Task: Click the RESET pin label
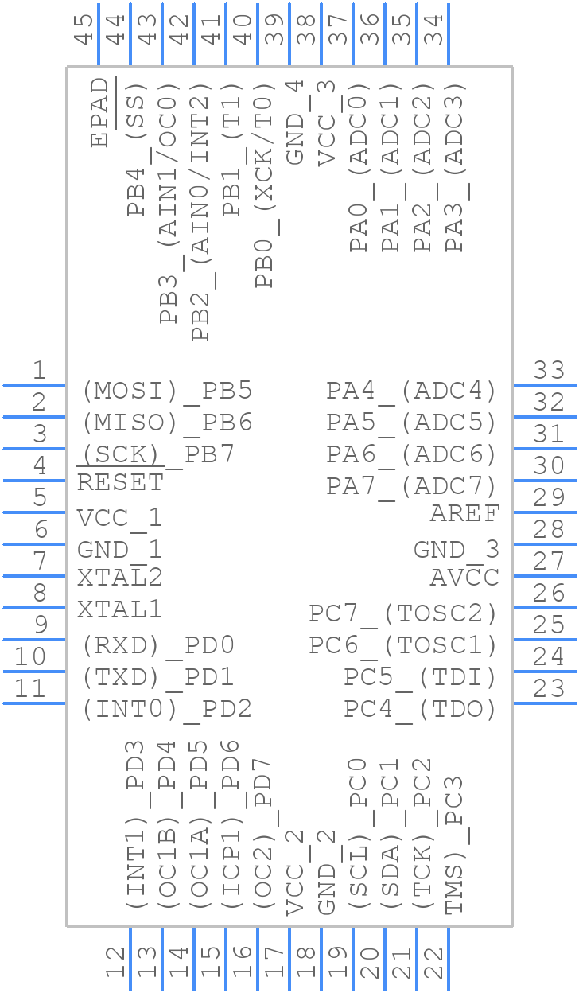pyautogui.click(x=120, y=482)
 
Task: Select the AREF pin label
pyautogui.click(x=464, y=514)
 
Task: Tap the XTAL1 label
pyautogui.click(x=119, y=610)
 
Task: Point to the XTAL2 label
pyautogui.click(x=119, y=577)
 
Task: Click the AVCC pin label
pyautogui.click(x=464, y=578)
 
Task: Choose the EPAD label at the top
pyautogui.click(x=99, y=112)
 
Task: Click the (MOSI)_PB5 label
pyautogui.click(x=167, y=391)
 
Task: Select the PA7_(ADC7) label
pyautogui.click(x=411, y=485)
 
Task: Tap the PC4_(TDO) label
pyautogui.click(x=420, y=708)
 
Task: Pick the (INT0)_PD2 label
pyautogui.click(x=167, y=708)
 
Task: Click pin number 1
pyautogui.click(x=39, y=370)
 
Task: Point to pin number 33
pyautogui.click(x=549, y=370)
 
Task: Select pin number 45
pyautogui.click(x=84, y=28)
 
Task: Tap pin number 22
pyautogui.click(x=433, y=964)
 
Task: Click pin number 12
pyautogui.click(x=115, y=964)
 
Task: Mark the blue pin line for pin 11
pyautogui.click(x=34, y=703)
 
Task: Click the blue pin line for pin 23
pyautogui.click(x=545, y=703)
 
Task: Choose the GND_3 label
pyautogui.click(x=456, y=549)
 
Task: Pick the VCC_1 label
pyautogui.click(x=119, y=518)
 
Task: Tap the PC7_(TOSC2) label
pyautogui.click(x=402, y=613)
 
